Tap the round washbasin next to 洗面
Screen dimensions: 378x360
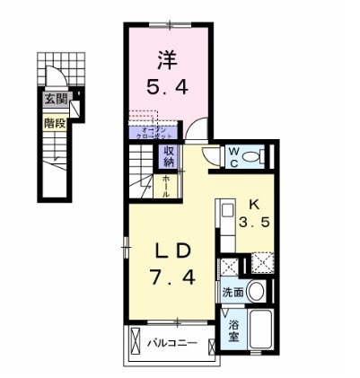pyautogui.click(x=257, y=291)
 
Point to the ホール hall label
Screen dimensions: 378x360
pyautogui.click(x=167, y=184)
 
